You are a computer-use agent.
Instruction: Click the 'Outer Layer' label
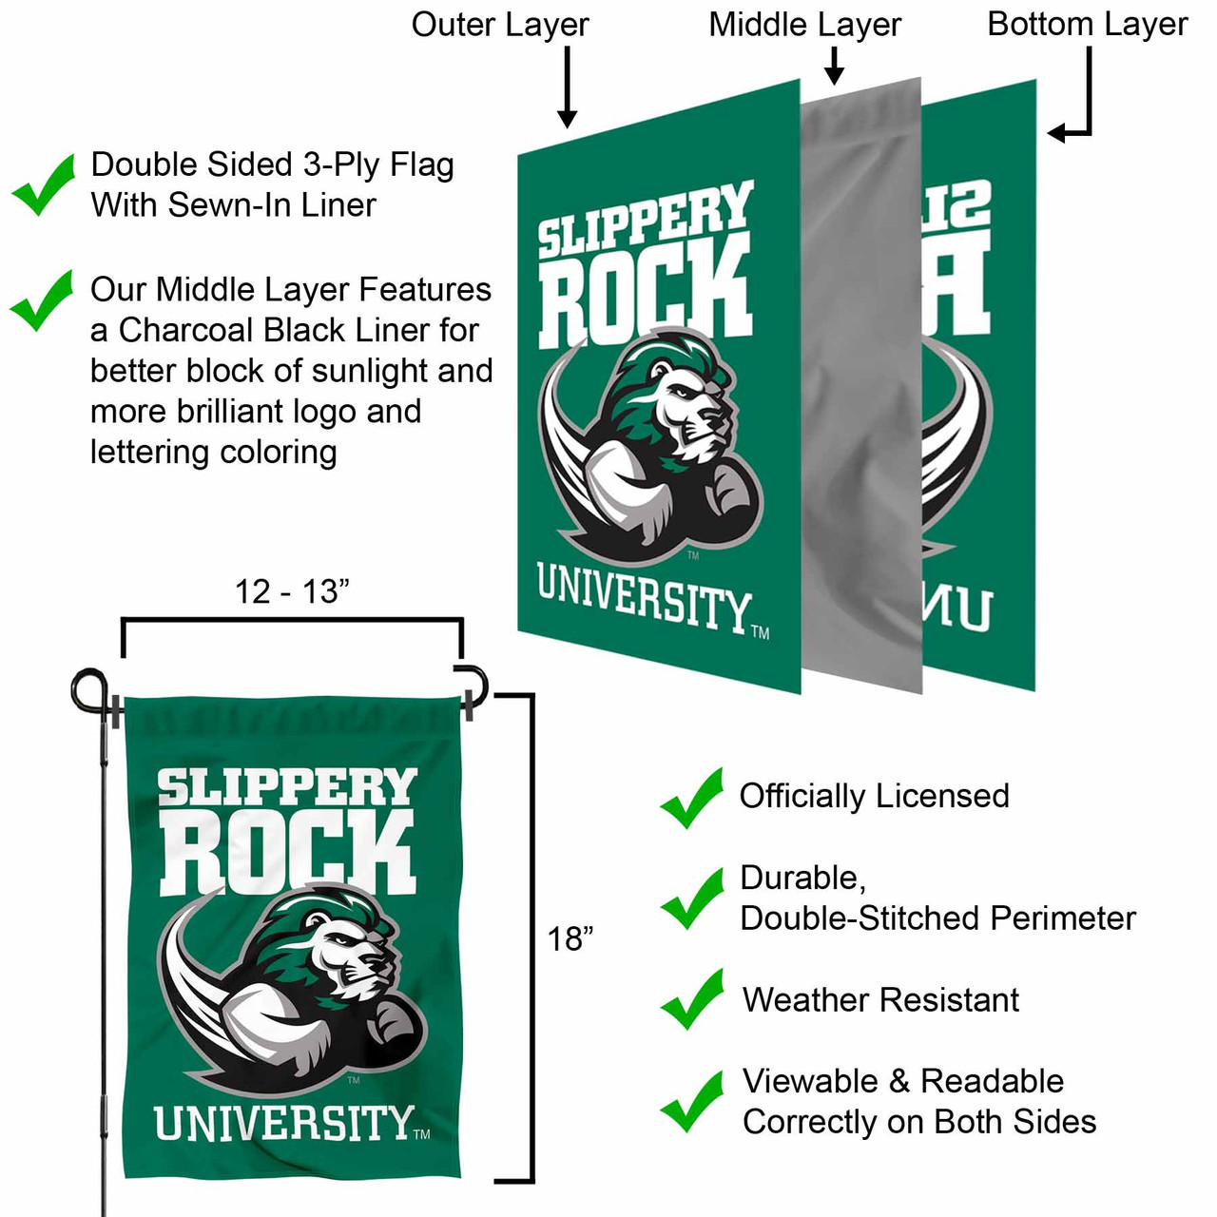[500, 25]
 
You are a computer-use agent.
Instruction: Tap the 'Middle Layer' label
[804, 25]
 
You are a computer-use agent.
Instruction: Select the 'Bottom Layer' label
[1087, 25]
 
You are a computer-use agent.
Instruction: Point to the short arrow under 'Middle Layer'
[834, 66]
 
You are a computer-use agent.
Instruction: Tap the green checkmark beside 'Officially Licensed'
[692, 798]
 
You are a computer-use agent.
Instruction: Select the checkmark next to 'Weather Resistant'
[692, 999]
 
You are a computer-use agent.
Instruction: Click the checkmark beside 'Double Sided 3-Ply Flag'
[44, 184]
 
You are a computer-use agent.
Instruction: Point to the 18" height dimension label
[570, 939]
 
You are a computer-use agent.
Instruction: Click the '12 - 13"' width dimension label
[292, 591]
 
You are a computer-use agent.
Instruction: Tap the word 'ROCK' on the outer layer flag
[646, 291]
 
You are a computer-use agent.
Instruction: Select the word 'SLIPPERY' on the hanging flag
[287, 788]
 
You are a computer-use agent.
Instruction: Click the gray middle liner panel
[861, 380]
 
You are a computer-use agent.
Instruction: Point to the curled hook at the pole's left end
[88, 688]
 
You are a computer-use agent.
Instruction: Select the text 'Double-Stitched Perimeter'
[937, 918]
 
